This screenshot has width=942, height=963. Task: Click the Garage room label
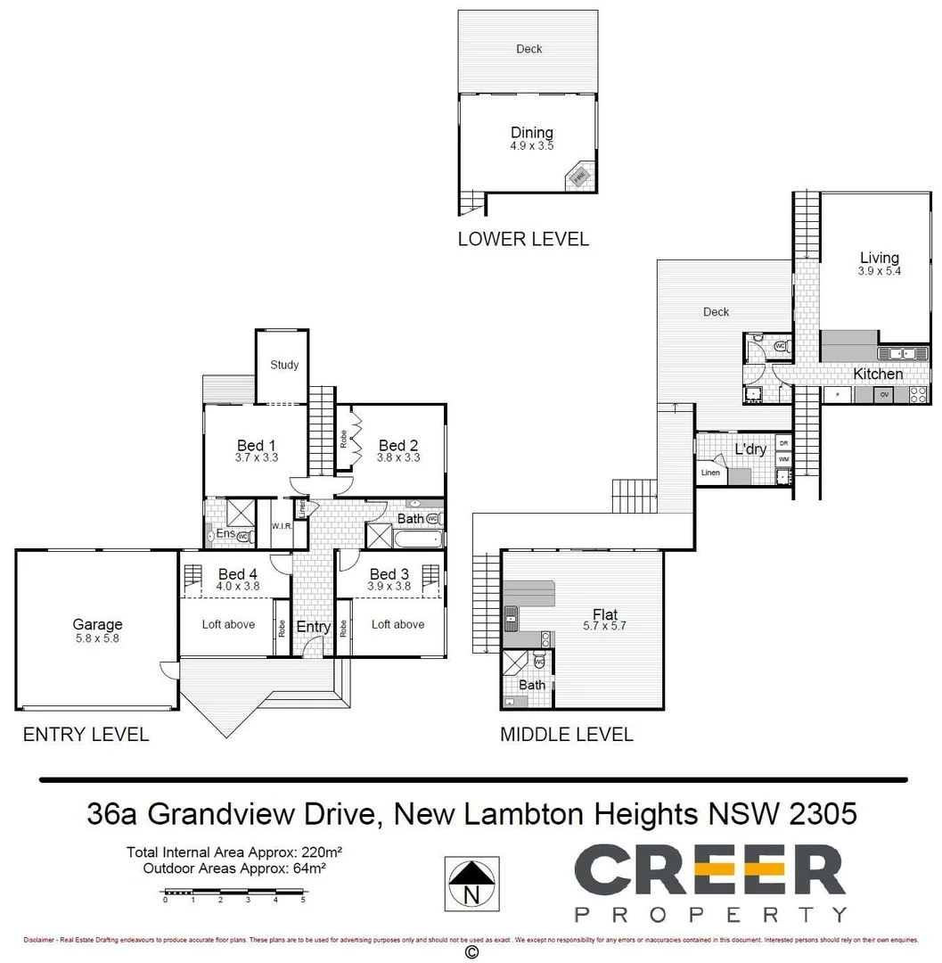pos(97,624)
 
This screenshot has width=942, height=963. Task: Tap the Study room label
pos(284,365)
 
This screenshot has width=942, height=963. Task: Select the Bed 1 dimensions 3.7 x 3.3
pos(256,458)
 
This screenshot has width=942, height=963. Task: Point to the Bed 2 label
pos(397,445)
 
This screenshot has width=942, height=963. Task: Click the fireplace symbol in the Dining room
pos(579,177)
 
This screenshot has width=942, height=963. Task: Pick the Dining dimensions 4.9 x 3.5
pos(531,145)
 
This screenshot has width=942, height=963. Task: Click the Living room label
pos(879,259)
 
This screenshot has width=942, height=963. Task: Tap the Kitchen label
pos(878,374)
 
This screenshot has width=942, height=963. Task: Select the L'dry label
pos(750,449)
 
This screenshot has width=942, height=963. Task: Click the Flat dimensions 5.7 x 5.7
pos(605,626)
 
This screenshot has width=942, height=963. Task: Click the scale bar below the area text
pos(234,891)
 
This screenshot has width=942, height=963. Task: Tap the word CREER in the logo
pos(709,871)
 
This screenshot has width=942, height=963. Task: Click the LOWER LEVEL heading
pos(523,239)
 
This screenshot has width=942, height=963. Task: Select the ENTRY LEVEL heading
pos(86,735)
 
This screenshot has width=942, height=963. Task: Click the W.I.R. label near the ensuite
pos(282,527)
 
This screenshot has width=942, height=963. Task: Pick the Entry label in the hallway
pos(313,627)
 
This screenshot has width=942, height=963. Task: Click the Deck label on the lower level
pos(528,49)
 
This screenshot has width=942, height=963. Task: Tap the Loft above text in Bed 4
pos(228,624)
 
